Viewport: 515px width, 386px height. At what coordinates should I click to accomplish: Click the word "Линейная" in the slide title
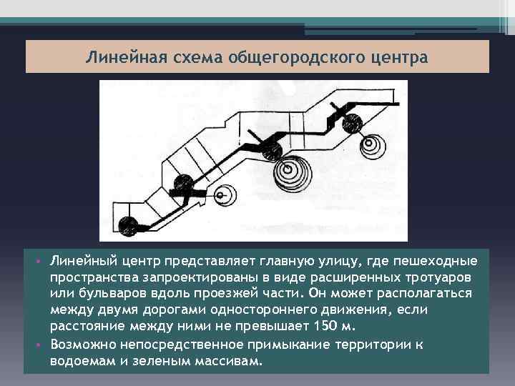tap(120, 56)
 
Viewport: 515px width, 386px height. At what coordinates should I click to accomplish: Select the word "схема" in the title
tap(186, 56)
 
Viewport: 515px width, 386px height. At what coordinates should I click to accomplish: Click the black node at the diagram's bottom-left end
tap(129, 227)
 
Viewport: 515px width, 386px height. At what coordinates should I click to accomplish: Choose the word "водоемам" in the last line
tap(82, 361)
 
